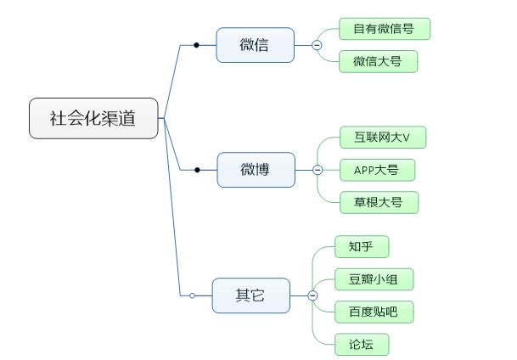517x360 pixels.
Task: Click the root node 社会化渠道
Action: pos(93,118)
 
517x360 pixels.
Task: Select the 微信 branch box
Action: pos(255,45)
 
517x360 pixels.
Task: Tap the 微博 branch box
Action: pos(256,170)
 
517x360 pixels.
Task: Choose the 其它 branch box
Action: pos(250,295)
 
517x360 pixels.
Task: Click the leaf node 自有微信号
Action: pos(385,29)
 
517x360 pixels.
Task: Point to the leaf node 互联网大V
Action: pos(382,138)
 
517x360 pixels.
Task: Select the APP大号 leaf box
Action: pos(372,170)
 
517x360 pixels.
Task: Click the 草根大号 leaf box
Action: pos(379,202)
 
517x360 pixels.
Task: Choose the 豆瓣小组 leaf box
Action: pos(374,279)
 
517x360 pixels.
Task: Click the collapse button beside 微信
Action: pos(317,45)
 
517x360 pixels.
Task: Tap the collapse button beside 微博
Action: pos(318,170)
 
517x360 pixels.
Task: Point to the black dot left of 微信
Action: pos(197,45)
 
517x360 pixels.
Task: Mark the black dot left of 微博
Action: pos(198,170)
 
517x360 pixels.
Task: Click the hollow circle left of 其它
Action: pos(193,295)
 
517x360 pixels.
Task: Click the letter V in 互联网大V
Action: pos(406,138)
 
